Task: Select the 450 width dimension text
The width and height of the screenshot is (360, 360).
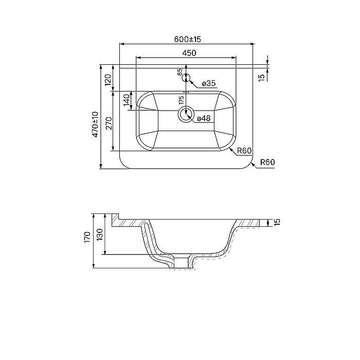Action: coord(188,52)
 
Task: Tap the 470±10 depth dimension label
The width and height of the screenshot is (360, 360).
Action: coord(95,123)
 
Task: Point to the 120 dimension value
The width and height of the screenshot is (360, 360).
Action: coord(108,80)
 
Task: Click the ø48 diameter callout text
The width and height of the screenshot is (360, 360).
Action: coord(204,118)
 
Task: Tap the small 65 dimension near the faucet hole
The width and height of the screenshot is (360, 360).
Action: coord(180,73)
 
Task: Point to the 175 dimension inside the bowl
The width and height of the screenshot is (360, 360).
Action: coord(181,100)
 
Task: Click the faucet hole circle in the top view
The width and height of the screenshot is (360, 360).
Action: coord(187,78)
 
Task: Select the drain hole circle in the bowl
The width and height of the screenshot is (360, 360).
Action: coord(186,115)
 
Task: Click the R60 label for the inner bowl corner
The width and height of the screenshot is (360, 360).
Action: coord(243,150)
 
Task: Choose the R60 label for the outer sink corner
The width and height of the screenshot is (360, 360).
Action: coord(267,162)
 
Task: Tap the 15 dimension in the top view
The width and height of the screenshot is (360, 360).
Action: coord(261,77)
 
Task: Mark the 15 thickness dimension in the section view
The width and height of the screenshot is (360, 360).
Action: coord(277,222)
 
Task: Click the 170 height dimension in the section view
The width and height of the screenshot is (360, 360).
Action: coord(87,237)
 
